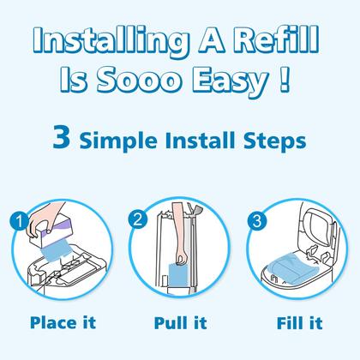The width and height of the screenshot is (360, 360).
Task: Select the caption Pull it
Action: click(182, 325)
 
